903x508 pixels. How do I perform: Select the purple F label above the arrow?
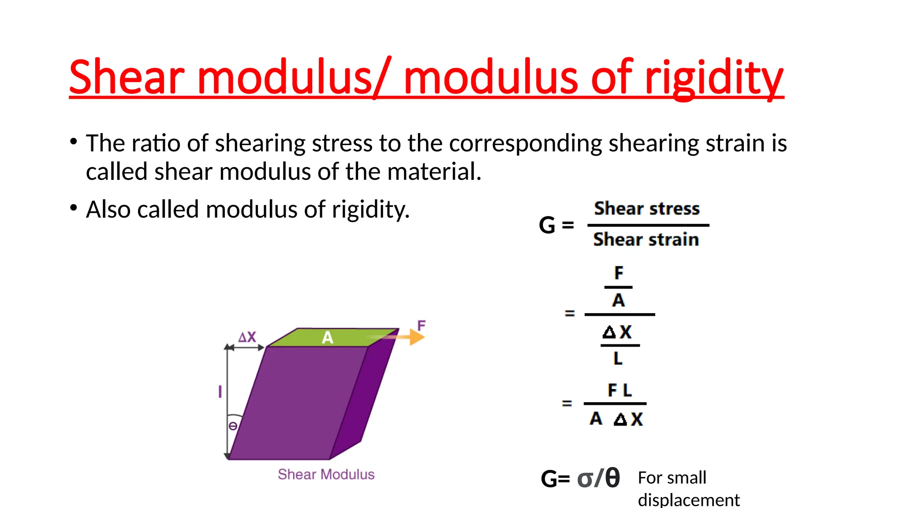(422, 326)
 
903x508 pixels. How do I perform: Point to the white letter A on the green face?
(327, 338)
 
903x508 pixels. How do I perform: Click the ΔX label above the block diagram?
(247, 337)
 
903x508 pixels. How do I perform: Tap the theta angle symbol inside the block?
(233, 426)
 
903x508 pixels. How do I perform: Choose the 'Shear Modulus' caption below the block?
(326, 474)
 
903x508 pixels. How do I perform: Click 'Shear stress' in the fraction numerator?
(647, 209)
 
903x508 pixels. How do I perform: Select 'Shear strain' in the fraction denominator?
(646, 239)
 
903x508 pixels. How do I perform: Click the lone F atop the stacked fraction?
(619, 273)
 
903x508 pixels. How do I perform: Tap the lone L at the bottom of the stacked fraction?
(618, 358)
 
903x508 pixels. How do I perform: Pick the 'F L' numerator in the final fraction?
(619, 390)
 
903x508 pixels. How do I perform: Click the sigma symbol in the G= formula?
(585, 478)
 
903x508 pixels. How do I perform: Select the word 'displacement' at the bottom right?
(689, 500)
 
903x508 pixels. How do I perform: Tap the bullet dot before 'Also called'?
(74, 207)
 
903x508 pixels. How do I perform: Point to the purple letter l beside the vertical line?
(220, 392)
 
